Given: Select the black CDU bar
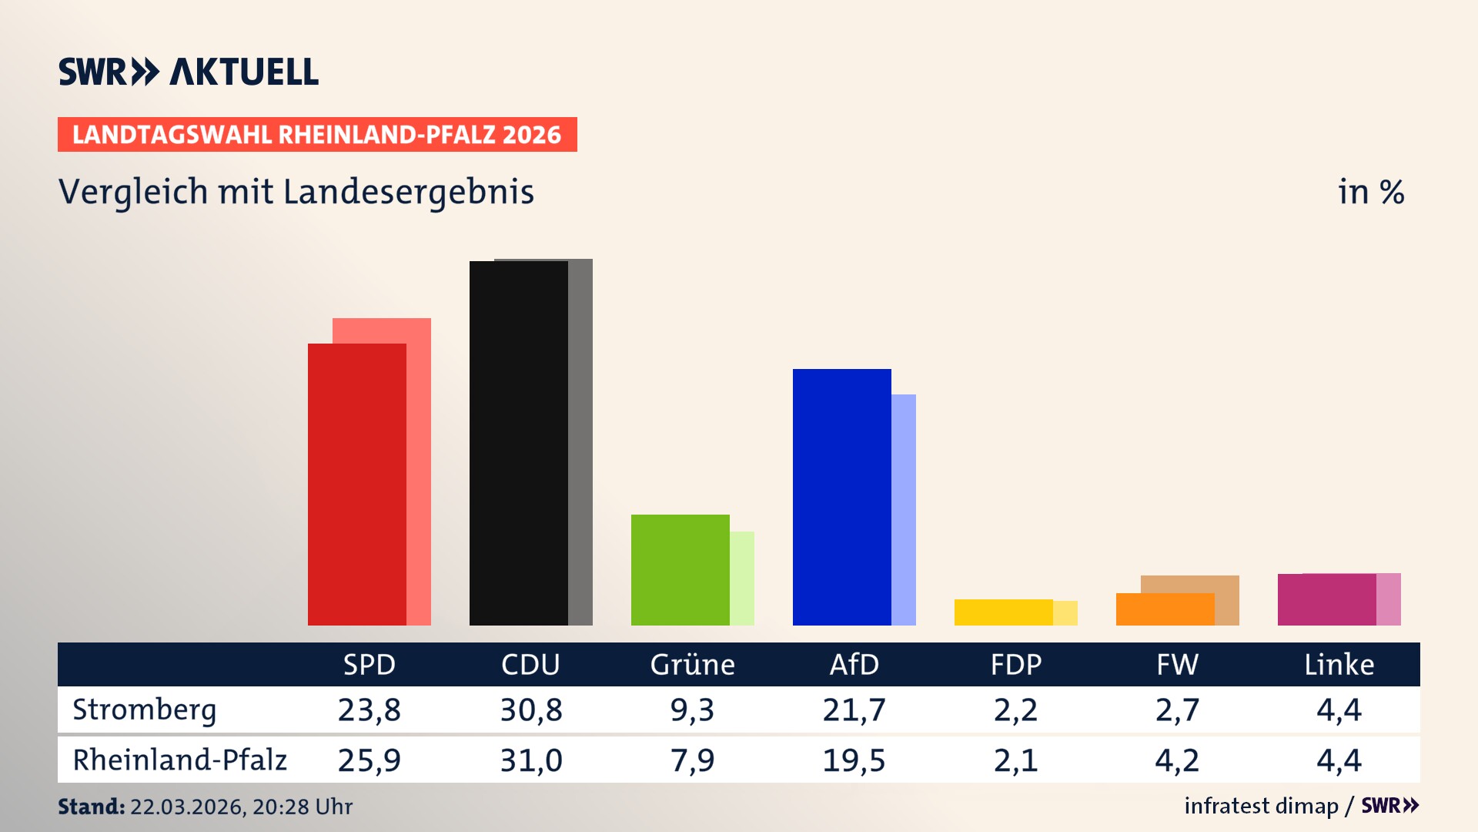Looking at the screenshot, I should point(518,443).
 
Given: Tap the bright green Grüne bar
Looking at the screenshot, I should point(680,569).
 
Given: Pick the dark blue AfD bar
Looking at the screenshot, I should point(841,497).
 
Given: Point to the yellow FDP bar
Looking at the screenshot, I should point(1003,612).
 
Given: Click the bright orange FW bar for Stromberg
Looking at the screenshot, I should point(1165,609).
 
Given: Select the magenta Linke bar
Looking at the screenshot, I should point(1326,599).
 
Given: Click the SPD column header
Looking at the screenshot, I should point(369,664).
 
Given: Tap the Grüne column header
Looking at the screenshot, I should point(692,664).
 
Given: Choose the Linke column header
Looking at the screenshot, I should point(1339,664).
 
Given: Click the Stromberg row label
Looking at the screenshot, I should point(145,710).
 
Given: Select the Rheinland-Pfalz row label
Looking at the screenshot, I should point(179,760).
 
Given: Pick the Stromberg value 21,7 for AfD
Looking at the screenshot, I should point(854,710).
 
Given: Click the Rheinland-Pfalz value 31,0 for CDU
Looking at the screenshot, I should point(531,760).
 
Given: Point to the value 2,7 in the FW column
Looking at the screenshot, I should point(1177,710).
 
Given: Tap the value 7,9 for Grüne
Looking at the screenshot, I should point(692,760).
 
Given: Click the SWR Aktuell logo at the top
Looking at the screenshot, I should point(189,72).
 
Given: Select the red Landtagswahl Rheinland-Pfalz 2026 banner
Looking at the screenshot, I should point(317,135).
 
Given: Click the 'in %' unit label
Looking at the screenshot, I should point(1370,192).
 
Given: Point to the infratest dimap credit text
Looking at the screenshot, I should point(1261,806).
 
